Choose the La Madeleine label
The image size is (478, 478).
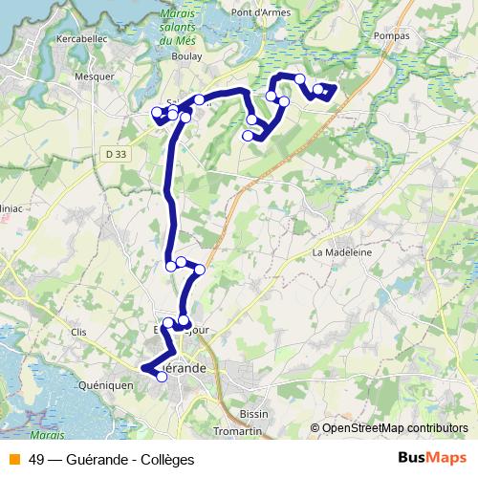(x=341, y=252)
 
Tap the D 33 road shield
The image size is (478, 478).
(x=116, y=153)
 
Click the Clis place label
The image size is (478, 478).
(x=79, y=331)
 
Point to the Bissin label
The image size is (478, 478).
(x=254, y=414)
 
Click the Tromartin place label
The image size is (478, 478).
(x=239, y=432)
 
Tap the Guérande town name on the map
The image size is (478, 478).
(x=182, y=367)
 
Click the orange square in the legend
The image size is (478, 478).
(x=13, y=460)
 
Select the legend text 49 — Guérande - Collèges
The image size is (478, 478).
(x=111, y=460)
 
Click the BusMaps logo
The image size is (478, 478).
(x=431, y=459)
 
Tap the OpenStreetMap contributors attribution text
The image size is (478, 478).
(x=394, y=428)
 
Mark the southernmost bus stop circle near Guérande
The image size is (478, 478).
(x=162, y=377)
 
